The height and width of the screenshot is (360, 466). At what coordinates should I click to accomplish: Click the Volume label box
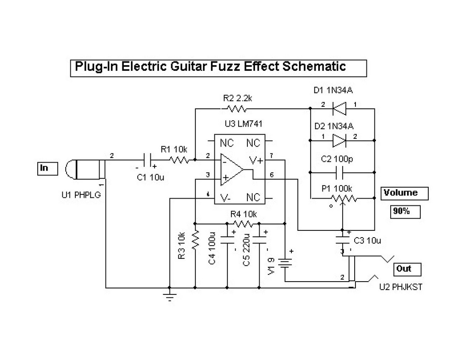tap(404, 193)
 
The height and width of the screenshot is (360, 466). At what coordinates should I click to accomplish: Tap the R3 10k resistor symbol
tap(195, 239)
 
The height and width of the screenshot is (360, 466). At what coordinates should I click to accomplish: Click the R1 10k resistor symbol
tap(178, 160)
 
